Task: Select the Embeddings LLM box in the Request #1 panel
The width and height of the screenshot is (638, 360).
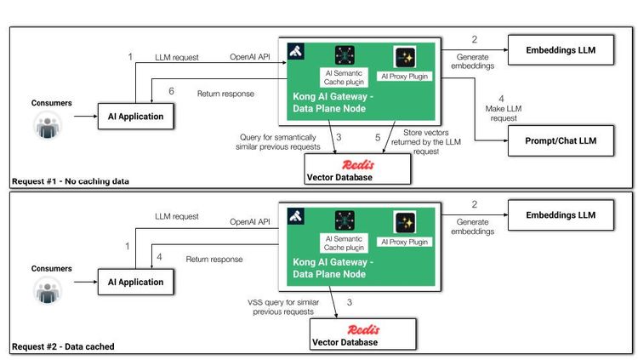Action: pyautogui.click(x=561, y=50)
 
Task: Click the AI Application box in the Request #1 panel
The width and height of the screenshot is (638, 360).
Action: pyautogui.click(x=131, y=117)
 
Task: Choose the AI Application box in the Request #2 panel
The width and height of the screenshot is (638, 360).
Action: pyautogui.click(x=131, y=282)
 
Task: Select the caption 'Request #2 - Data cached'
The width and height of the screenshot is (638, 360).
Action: pyautogui.click(x=63, y=346)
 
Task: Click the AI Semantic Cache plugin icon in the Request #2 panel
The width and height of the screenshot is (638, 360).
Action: pyautogui.click(x=345, y=220)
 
